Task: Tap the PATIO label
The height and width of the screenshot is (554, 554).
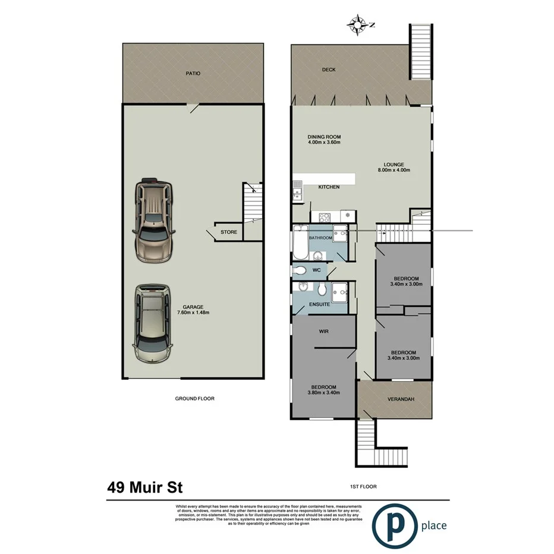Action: coord(193,73)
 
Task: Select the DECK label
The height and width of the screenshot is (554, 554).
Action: coord(329,70)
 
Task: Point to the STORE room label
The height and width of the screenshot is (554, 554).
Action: coord(229,232)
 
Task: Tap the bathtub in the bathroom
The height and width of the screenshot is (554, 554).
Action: coord(298,244)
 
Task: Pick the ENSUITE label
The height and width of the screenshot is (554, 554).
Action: coord(319,304)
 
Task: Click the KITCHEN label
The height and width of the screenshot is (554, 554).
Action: coord(329,187)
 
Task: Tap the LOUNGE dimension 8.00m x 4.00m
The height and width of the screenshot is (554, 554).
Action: coord(394,170)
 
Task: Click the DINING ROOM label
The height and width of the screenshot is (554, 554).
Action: coord(324,137)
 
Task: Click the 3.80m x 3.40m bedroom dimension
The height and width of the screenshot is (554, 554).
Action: coord(324,392)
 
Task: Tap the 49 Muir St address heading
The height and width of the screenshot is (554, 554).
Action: coord(145,488)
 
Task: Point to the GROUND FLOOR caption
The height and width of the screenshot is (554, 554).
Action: coord(194,399)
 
